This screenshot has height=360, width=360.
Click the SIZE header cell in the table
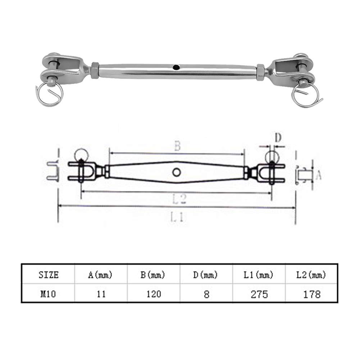pyautogui.click(x=49, y=275)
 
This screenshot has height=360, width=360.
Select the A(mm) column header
pyautogui.click(x=100, y=275)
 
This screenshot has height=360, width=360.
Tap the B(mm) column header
pyautogui.click(x=153, y=275)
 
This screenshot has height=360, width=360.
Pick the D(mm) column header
pyautogui.click(x=205, y=275)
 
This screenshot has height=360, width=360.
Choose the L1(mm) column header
pyautogui.click(x=259, y=275)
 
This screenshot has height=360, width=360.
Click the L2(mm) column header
pyautogui.click(x=311, y=275)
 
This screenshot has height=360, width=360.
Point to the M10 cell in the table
pyautogui.click(x=48, y=294)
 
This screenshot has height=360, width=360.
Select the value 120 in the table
pyautogui.click(x=154, y=294)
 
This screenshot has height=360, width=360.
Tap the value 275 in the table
pyautogui.click(x=259, y=294)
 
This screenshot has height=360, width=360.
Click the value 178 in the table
pyautogui.click(x=312, y=294)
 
